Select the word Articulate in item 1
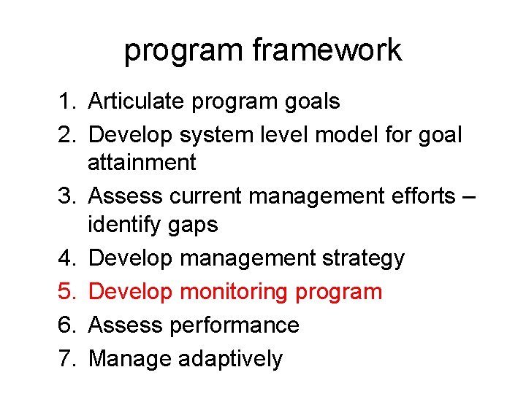[137, 101]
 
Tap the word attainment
[142, 162]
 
